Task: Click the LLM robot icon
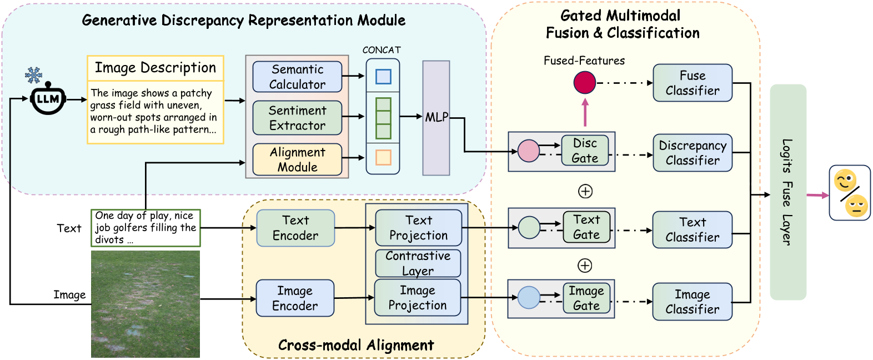(48, 99)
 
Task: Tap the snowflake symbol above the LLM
(34, 75)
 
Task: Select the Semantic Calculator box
(297, 77)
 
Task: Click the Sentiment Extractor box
(297, 118)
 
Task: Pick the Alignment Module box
(297, 159)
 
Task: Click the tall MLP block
(436, 118)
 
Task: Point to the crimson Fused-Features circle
(584, 83)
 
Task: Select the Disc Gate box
(585, 151)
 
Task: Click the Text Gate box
(586, 227)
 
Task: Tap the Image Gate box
(586, 298)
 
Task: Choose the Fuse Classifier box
(692, 83)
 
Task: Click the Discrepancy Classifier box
(692, 153)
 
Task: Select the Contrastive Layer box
(418, 263)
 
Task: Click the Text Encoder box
(295, 228)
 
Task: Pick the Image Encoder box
(295, 298)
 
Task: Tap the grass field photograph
(145, 304)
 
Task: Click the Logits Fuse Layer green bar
(787, 192)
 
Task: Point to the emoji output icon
(849, 193)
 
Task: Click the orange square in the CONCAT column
(383, 158)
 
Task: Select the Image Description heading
(155, 68)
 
